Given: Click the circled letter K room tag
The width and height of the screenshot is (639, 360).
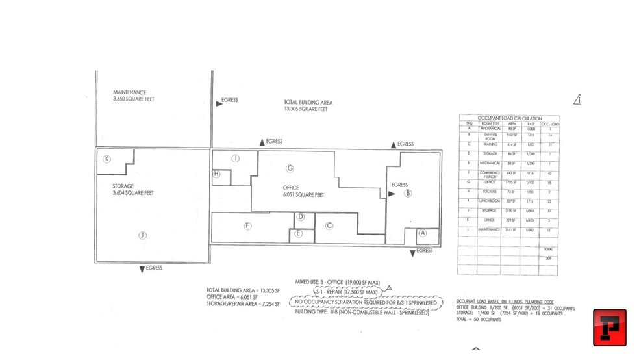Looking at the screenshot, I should coord(106,159).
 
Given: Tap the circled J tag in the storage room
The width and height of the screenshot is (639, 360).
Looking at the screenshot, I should coord(142,236).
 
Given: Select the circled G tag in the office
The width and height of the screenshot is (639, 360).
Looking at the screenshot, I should coord(290,168).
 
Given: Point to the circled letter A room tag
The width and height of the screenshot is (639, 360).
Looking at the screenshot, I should coord(423,233).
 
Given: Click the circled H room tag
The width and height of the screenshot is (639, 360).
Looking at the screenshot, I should coord(217,174).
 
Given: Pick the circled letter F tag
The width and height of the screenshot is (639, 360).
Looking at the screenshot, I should coord(247,225).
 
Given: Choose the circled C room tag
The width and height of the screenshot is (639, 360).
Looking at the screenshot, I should coord(329,225).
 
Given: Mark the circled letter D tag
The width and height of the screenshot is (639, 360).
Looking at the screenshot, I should coord(300,218).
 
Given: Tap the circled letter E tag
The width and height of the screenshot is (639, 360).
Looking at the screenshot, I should coord(298,233).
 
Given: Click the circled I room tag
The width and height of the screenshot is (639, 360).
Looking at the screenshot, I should coord(236,158).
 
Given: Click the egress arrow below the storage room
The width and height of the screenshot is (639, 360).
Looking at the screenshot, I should coord(142,268).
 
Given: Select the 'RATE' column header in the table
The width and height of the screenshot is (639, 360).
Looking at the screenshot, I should coord(531,123).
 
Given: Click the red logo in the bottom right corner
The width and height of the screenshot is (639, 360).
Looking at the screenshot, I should coord(609,327).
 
